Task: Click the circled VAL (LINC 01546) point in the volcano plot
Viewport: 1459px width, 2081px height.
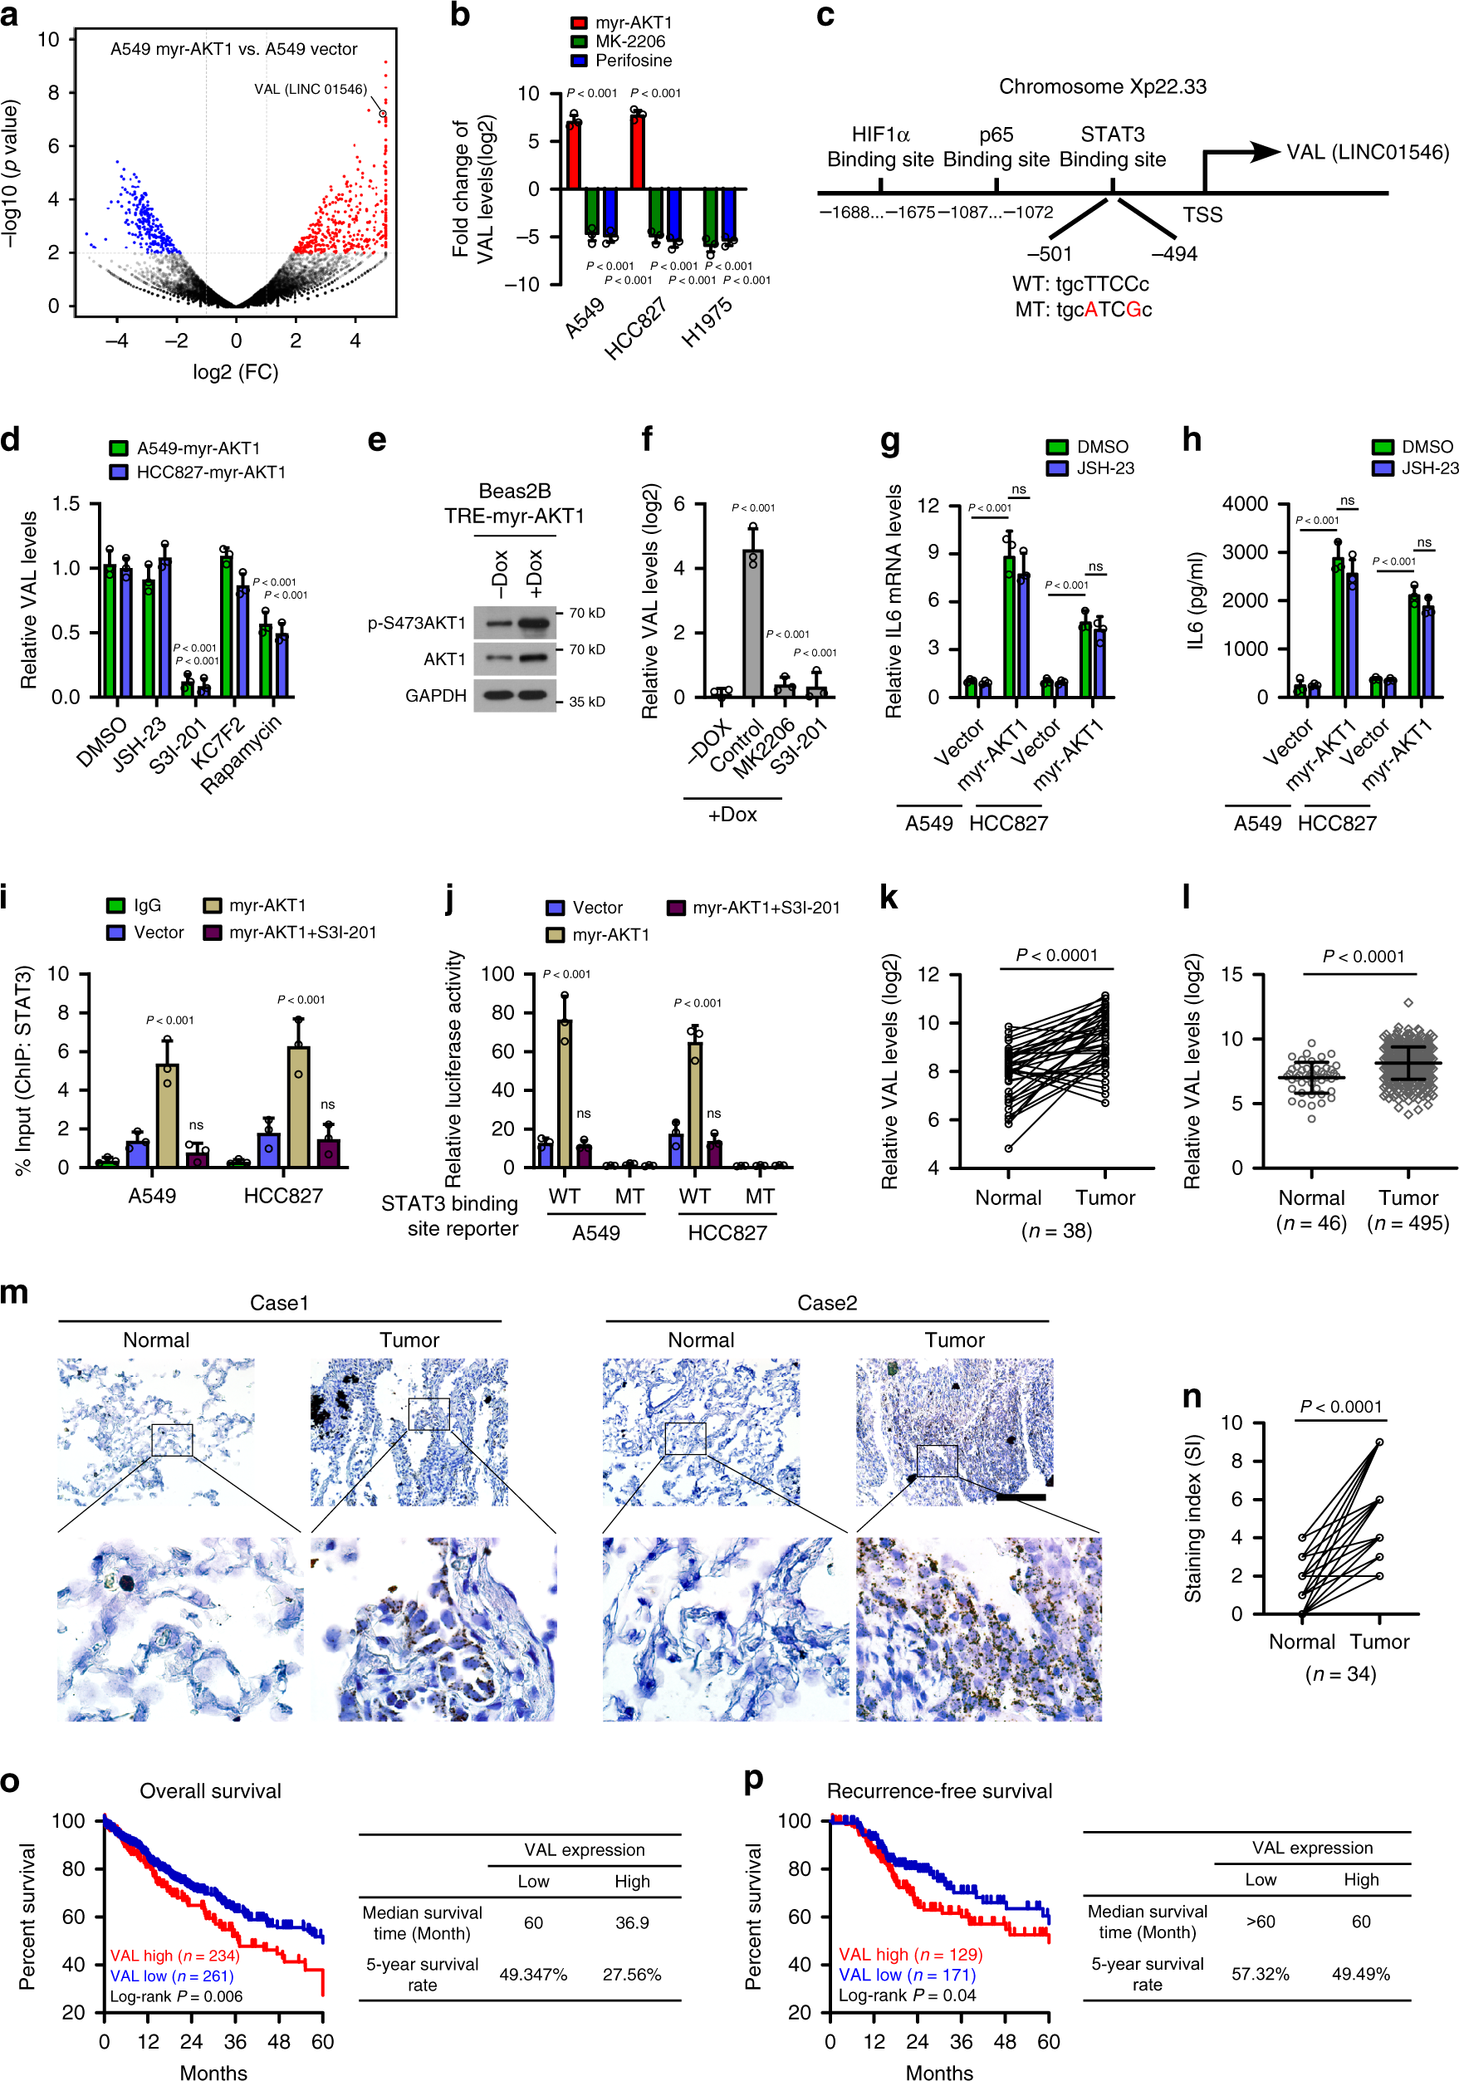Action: pos(383,115)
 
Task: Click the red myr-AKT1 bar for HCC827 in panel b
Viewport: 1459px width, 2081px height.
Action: pos(637,151)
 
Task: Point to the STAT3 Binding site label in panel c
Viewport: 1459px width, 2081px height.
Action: pos(1112,147)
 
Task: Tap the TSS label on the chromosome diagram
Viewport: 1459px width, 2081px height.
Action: pos(1202,215)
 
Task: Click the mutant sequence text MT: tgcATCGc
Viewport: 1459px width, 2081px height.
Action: pos(1083,310)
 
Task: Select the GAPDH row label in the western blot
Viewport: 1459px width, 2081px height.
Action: pos(436,695)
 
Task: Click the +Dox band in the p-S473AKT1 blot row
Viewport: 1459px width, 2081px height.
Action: pos(535,623)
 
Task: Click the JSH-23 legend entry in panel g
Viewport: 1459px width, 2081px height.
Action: pos(1104,468)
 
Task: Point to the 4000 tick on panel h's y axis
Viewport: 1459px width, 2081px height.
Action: pos(1244,504)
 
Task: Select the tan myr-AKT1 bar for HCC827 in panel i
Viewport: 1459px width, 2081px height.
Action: pos(298,1106)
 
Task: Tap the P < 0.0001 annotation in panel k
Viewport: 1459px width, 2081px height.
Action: pos(1055,955)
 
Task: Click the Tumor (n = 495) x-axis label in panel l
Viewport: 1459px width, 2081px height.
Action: pos(1408,1210)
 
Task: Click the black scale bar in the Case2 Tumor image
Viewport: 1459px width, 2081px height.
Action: pos(1021,1496)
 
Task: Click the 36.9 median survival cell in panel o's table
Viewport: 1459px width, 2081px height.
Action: pos(632,1922)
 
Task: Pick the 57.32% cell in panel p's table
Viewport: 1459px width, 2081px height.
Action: pos(1260,1973)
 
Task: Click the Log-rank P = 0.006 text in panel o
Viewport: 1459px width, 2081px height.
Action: pos(177,1995)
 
